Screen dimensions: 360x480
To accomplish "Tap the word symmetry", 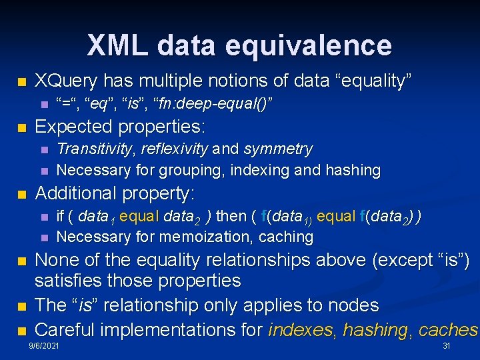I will coord(278,149).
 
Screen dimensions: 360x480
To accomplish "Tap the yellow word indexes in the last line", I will coord(301,329).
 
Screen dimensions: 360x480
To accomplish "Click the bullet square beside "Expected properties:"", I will coord(22,127).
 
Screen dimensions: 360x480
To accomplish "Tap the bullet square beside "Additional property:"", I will coord(22,195).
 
